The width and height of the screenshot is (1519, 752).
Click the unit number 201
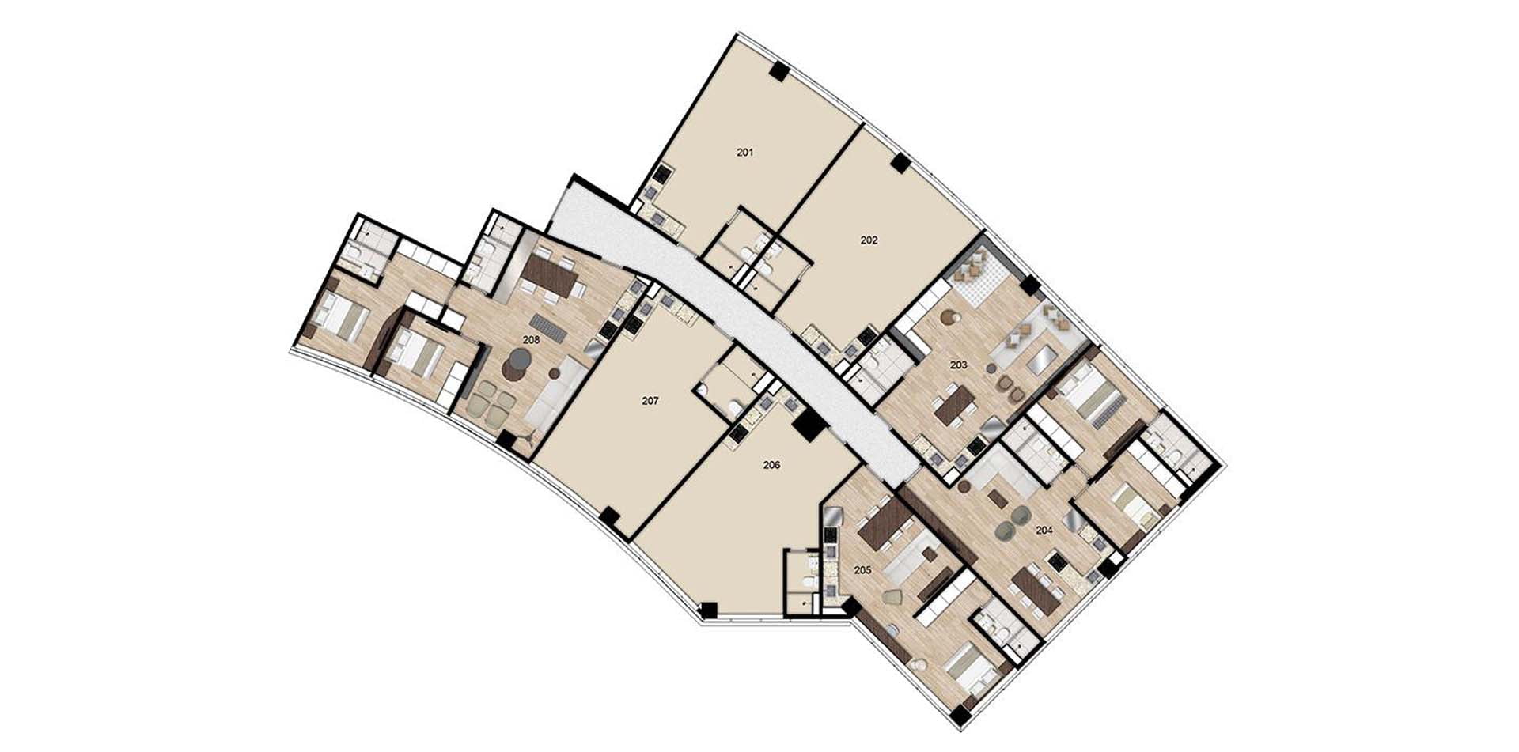click(744, 153)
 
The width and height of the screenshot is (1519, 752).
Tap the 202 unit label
click(869, 240)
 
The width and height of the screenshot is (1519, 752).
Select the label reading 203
click(958, 365)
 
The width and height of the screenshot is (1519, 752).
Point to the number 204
click(1044, 530)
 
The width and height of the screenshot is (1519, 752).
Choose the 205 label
click(862, 569)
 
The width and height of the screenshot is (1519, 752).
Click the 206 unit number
click(771, 465)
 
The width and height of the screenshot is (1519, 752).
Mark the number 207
click(650, 401)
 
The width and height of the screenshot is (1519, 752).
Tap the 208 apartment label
click(531, 340)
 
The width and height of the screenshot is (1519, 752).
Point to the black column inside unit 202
click(900, 163)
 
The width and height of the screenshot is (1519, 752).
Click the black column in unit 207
click(608, 519)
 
